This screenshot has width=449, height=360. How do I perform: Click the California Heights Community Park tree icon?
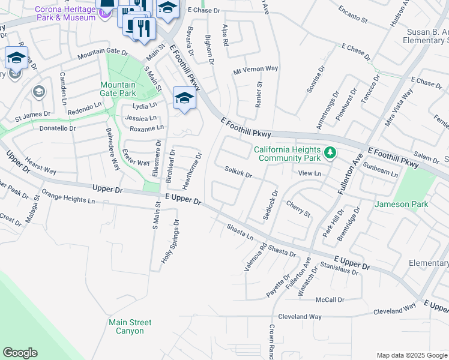pos(329,153)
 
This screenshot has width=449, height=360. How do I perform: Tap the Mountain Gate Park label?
pos(118,89)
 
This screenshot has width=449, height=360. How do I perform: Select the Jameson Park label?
pos(402,205)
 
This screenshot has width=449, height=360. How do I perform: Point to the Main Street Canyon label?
pos(130,326)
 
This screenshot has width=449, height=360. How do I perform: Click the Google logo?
pos(20,353)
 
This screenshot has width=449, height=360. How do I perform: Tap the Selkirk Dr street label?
pos(238,173)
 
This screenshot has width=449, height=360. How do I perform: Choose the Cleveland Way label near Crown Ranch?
pos(299,316)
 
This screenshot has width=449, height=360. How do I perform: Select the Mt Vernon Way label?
pos(256,69)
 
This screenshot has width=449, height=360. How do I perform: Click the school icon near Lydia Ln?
pos(184,98)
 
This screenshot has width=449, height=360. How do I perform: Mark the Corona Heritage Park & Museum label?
pos(65,13)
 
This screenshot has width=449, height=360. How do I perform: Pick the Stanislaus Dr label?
pos(339,268)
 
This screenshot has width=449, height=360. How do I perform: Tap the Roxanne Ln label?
pos(147,128)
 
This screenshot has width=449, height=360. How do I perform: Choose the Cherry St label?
pos(298,209)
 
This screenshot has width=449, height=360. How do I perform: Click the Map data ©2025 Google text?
pos(411,355)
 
